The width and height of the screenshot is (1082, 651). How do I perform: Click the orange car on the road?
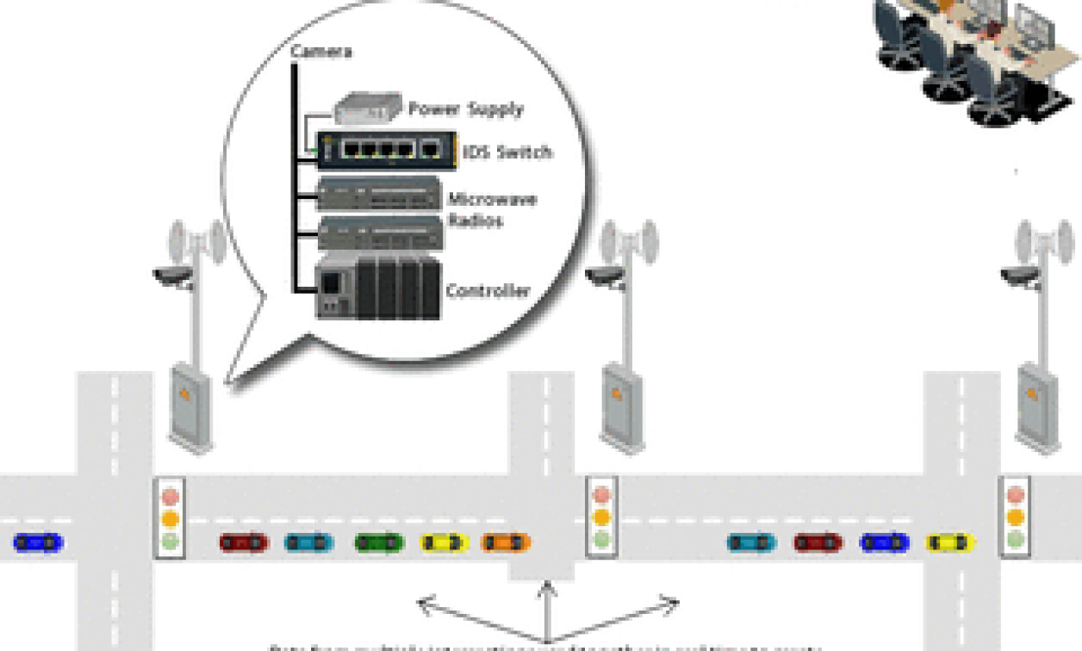(506, 542)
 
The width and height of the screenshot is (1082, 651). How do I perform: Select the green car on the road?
(379, 542)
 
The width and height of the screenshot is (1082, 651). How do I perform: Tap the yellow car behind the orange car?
(445, 542)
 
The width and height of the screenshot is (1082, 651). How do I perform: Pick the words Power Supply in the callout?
(465, 109)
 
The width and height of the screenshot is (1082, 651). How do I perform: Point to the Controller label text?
(488, 291)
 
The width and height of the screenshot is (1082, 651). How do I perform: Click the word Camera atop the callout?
(320, 52)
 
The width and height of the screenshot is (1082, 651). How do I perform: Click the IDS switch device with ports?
(381, 150)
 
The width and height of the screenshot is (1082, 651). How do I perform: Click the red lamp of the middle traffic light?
(600, 496)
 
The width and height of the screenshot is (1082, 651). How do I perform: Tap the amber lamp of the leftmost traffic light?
(170, 519)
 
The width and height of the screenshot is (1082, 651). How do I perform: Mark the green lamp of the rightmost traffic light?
(1017, 540)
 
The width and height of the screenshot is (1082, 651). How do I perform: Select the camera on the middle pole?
(605, 276)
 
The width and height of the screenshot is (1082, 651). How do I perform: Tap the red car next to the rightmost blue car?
(818, 542)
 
